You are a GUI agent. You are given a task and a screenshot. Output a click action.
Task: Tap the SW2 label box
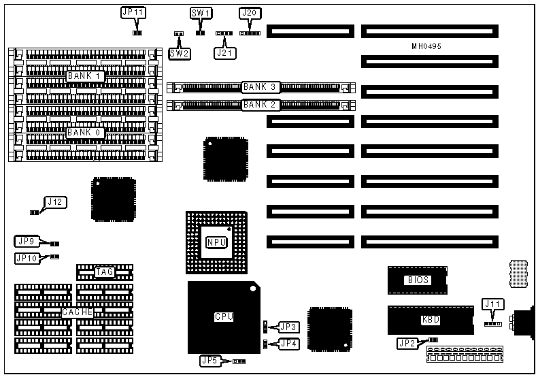(x=180, y=52)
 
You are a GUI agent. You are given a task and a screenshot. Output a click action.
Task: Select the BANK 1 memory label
(x=86, y=76)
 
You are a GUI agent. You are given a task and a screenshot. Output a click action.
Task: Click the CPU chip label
(x=224, y=316)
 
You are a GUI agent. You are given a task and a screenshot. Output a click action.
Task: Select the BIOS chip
(x=418, y=280)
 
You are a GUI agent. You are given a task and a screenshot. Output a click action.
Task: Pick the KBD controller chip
(x=430, y=318)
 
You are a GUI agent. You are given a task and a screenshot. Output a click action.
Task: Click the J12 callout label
(x=55, y=201)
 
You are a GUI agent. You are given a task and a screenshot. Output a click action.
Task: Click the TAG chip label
(x=104, y=272)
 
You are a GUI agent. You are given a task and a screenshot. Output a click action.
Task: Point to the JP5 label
(x=210, y=360)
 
